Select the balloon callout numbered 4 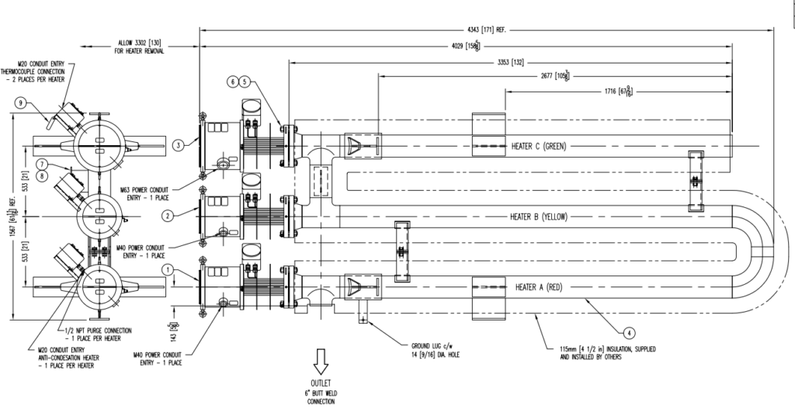[630, 333]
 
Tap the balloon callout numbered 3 [178, 144]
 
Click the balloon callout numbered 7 [42, 164]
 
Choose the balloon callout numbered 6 [232, 81]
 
